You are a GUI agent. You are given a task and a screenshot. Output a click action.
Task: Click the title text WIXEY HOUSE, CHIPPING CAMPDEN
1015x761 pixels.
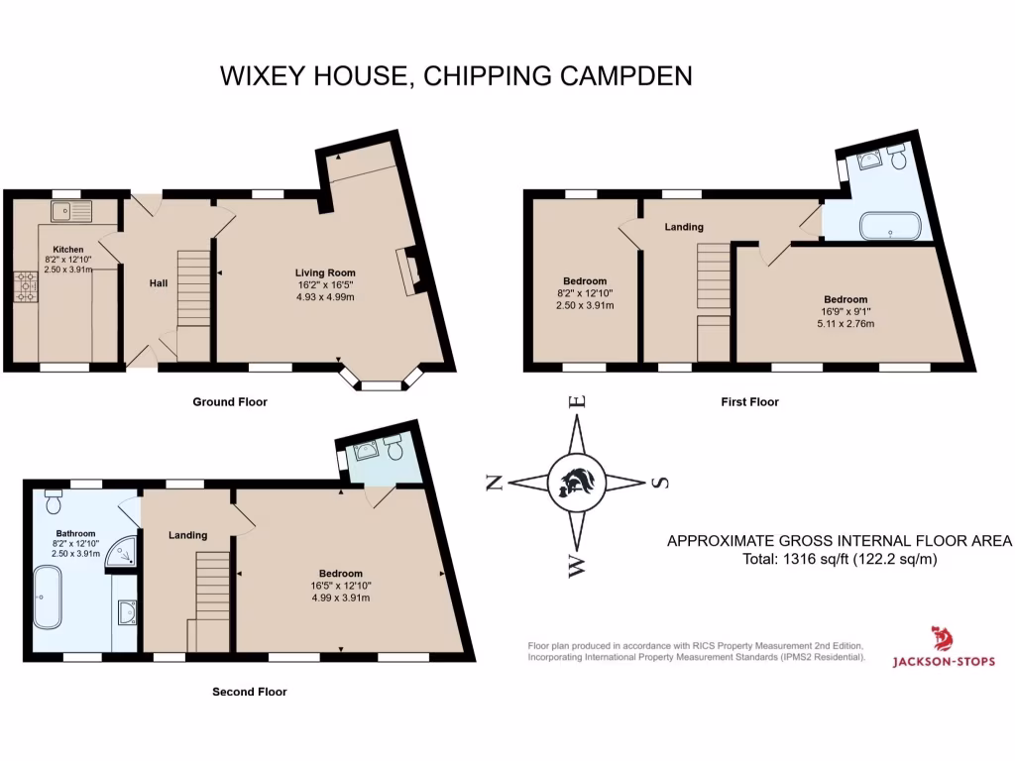point(455,76)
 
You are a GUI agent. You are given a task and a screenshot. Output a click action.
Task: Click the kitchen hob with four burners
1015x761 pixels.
point(25,286)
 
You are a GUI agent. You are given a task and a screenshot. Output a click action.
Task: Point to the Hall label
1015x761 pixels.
point(158,283)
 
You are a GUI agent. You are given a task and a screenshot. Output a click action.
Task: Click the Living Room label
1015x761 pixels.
point(324,272)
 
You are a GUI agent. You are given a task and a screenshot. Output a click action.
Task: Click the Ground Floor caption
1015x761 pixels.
point(229,402)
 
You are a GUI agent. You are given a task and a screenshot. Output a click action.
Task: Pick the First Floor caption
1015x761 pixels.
point(748,402)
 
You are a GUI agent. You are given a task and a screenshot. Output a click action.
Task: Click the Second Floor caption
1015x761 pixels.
point(249,692)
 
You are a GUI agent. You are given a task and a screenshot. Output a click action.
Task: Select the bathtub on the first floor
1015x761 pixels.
point(890,227)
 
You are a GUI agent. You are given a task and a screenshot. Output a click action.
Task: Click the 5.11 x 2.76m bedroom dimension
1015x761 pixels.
point(846,323)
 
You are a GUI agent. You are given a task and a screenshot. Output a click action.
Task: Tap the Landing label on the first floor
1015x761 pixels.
point(684,227)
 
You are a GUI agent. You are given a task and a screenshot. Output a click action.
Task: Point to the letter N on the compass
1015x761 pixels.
point(494,483)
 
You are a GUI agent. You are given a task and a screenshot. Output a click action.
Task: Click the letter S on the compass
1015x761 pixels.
point(660,483)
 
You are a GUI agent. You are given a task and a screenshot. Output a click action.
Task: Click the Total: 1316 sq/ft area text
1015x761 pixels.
point(838,559)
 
